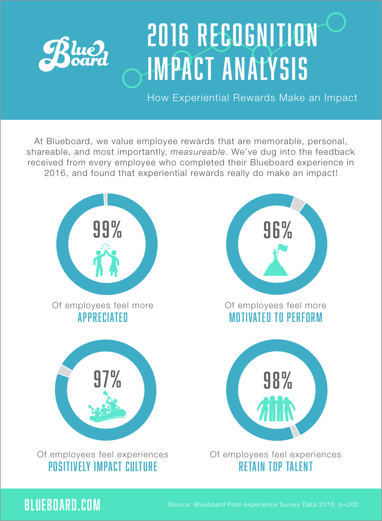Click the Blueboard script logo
pyautogui.click(x=74, y=54)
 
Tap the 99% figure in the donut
pyautogui.click(x=107, y=229)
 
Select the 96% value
pyautogui.click(x=277, y=230)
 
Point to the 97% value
pyautogui.click(x=107, y=379)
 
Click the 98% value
pyautogui.click(x=277, y=380)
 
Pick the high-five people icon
pyautogui.click(x=106, y=260)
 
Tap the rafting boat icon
pyautogui.click(x=107, y=407)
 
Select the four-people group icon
pyautogui.click(x=276, y=409)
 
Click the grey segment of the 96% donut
pyautogui.click(x=298, y=204)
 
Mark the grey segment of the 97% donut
pyautogui.click(x=64, y=371)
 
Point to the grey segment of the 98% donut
pyautogui.click(x=295, y=431)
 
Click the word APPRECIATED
pyautogui.click(x=103, y=318)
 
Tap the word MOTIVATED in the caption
pyautogui.click(x=250, y=318)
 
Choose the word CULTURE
pyautogui.click(x=141, y=467)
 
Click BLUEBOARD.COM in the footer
pyautogui.click(x=62, y=505)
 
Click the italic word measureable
pyautogui.click(x=198, y=152)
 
